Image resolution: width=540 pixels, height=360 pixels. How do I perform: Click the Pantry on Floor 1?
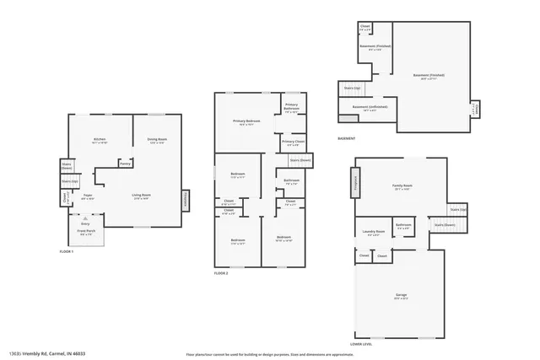(124, 164)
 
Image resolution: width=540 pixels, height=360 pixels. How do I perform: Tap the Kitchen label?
(100, 140)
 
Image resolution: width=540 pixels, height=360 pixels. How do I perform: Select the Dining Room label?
(157, 140)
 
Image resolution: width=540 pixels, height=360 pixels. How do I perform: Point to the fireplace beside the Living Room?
(186, 199)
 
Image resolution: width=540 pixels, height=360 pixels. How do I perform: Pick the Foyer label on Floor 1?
(87, 196)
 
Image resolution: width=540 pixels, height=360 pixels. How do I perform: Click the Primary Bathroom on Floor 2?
(291, 108)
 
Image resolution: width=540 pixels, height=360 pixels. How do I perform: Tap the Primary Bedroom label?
(246, 123)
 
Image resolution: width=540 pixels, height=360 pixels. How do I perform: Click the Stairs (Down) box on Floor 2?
(300, 159)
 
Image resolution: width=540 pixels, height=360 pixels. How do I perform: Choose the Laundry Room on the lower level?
(374, 232)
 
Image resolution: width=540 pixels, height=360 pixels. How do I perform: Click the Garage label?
(400, 296)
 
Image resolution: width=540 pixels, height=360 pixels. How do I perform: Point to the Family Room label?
(402, 186)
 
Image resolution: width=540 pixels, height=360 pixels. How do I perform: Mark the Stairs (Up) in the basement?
(352, 87)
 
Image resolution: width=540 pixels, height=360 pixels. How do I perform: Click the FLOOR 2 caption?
(221, 273)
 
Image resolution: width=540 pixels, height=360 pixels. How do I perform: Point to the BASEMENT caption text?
(346, 138)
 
